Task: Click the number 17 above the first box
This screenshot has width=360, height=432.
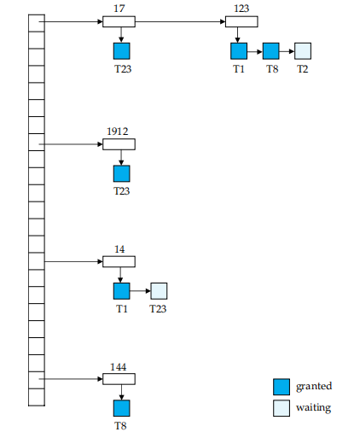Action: (x=119, y=9)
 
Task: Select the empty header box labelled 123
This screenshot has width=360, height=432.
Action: (x=241, y=22)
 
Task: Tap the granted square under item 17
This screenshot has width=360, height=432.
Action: (x=122, y=51)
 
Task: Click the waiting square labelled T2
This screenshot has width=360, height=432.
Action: (x=303, y=51)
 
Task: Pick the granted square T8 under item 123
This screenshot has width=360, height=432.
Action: (x=270, y=51)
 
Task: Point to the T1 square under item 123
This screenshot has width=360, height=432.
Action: (x=239, y=51)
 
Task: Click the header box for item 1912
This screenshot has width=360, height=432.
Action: (x=119, y=144)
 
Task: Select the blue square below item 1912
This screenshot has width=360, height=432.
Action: (x=122, y=173)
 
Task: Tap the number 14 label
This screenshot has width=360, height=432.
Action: (x=119, y=249)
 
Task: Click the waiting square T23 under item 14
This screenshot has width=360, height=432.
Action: (x=159, y=291)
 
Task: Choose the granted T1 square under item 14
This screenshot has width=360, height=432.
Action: (x=122, y=291)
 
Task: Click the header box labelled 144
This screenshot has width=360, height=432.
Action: (x=119, y=379)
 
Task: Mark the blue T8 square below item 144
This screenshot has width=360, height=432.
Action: (x=122, y=408)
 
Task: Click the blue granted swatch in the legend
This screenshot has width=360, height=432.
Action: (x=282, y=387)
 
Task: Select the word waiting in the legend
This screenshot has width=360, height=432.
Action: (x=313, y=407)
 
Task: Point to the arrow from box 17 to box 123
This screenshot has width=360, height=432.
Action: (x=180, y=21)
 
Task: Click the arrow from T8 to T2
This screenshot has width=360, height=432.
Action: (x=287, y=51)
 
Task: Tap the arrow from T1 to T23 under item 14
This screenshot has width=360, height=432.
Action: (x=140, y=291)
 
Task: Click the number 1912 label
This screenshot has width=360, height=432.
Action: (x=118, y=131)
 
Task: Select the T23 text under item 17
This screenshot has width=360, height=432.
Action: (x=123, y=69)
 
